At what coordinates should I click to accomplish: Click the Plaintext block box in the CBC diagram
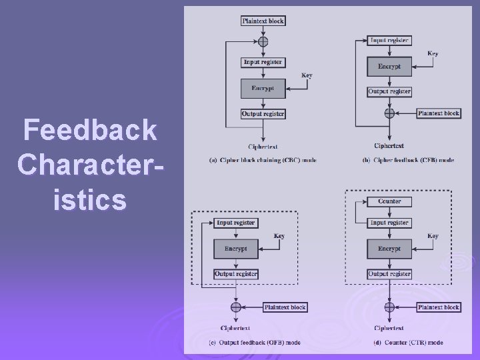(263, 21)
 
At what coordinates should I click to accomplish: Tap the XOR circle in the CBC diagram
(263, 41)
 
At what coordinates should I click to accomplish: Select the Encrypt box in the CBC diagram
(263, 88)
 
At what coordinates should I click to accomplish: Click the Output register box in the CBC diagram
(263, 114)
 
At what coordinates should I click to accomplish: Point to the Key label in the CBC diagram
(307, 75)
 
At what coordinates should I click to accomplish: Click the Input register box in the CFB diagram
(389, 41)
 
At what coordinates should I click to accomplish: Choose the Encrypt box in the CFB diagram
(389, 66)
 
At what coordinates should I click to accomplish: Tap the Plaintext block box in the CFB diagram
(439, 113)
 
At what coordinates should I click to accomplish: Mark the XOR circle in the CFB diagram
(389, 113)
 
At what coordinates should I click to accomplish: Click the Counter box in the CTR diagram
(389, 201)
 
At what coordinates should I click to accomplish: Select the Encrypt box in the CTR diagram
(389, 249)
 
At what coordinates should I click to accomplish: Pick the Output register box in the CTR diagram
(389, 274)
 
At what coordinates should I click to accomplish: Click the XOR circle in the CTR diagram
(389, 307)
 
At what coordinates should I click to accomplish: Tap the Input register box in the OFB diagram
(235, 223)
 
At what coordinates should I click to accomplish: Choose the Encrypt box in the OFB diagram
(235, 249)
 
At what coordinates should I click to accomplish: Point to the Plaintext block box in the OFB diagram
(285, 307)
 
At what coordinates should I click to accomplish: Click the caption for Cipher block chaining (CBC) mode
(262, 160)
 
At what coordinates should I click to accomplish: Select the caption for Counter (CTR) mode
(408, 343)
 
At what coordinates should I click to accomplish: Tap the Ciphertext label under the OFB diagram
(235, 328)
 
